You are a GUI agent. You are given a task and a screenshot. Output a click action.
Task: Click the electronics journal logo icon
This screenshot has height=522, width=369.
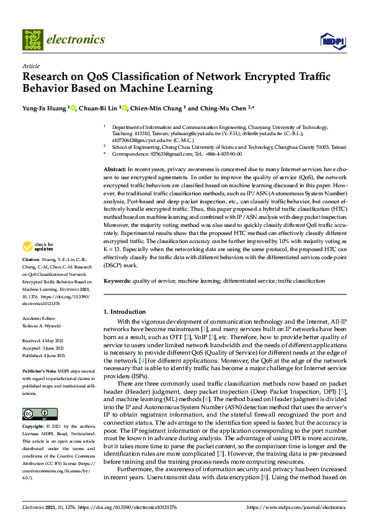32,40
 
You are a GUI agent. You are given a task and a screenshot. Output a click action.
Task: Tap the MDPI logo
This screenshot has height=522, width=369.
332,41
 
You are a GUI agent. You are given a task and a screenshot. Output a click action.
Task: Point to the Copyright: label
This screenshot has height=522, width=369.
34,428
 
